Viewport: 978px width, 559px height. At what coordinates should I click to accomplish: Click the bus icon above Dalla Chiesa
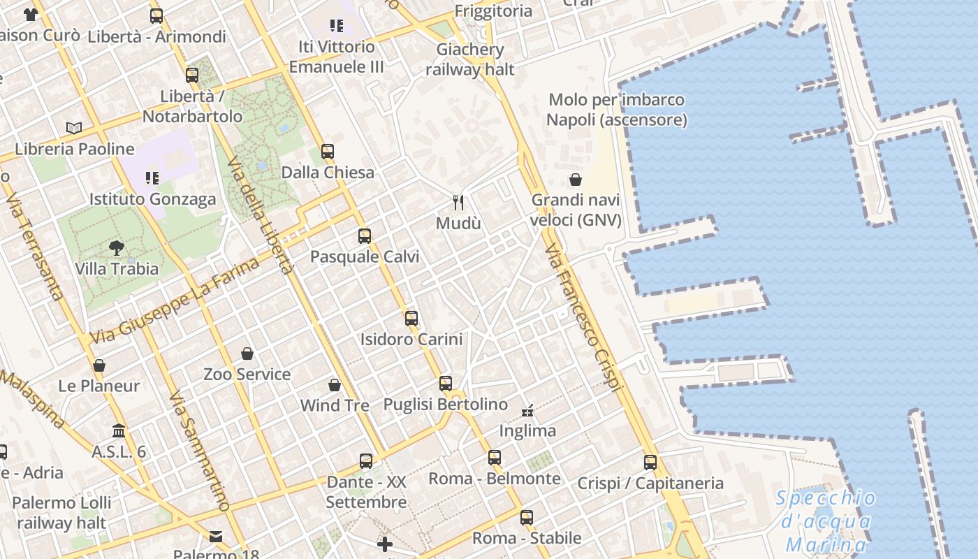(327, 151)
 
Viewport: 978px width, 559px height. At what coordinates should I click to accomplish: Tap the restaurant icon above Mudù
(458, 203)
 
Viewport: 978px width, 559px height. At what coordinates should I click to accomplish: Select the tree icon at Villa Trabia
(117, 247)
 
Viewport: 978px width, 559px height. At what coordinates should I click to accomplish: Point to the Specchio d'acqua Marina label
(826, 521)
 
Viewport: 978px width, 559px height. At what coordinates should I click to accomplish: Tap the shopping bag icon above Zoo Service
(247, 354)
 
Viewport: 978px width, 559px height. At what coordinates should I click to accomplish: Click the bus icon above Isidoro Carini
(411, 319)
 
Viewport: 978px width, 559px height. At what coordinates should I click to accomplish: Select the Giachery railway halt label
(470, 59)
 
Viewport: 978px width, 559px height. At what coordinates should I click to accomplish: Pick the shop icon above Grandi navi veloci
(576, 180)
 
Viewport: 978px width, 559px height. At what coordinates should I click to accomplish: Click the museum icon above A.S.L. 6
(119, 430)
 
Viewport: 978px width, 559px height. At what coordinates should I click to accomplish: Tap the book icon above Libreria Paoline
(74, 128)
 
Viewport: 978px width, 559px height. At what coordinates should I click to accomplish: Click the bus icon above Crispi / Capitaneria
(650, 462)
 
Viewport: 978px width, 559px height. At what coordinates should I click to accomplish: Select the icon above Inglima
(528, 410)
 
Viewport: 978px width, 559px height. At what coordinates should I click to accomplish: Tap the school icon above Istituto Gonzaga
(152, 178)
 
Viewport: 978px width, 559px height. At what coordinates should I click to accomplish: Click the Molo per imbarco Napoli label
(617, 110)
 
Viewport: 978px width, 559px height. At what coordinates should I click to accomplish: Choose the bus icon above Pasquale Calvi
(365, 236)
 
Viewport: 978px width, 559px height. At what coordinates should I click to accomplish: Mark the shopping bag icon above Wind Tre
(335, 385)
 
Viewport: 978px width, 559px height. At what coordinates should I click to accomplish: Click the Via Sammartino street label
(199, 451)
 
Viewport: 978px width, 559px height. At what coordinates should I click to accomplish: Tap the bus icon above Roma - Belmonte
(495, 458)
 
